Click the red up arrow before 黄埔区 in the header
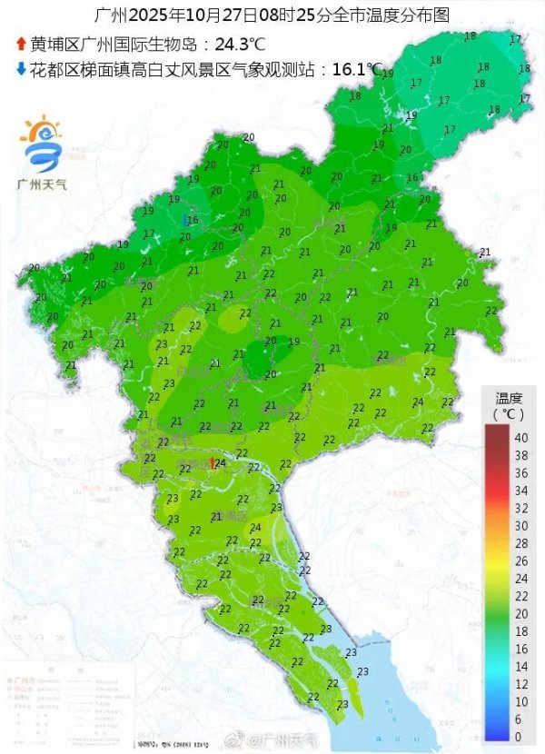pyautogui.click(x=21, y=43)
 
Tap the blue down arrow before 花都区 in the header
pyautogui.click(x=21, y=68)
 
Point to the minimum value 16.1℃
pyautogui.click(x=357, y=69)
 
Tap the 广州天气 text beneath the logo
pyautogui.click(x=43, y=184)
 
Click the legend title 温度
pyautogui.click(x=509, y=398)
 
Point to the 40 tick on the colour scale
pyautogui.click(x=520, y=438)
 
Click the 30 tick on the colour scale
pyautogui.click(x=520, y=525)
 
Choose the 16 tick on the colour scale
pyautogui.click(x=520, y=649)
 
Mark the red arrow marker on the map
pyautogui.click(x=212, y=463)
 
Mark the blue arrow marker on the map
pyautogui.click(x=185, y=221)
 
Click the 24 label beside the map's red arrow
pyautogui.click(x=221, y=463)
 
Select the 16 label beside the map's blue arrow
pyautogui.click(x=193, y=220)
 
